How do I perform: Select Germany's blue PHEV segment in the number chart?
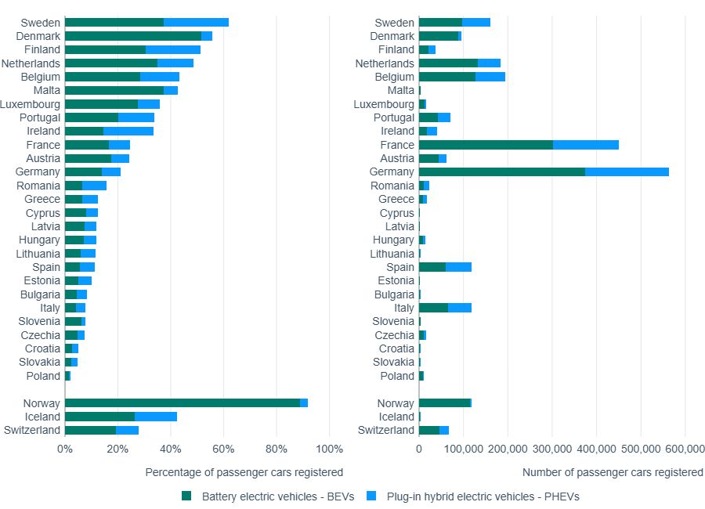coord(627,172)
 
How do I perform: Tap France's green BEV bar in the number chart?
coord(486,145)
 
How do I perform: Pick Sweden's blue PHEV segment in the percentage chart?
coord(196,23)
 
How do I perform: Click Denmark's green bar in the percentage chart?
coord(133,36)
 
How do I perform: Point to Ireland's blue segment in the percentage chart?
coord(128,132)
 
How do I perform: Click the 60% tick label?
coord(224,449)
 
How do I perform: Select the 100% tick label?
coord(330,449)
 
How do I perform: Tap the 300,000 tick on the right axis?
coord(551,449)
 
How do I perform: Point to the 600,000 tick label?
coord(685,449)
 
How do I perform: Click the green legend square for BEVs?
coord(186,496)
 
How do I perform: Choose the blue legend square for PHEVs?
coord(371,496)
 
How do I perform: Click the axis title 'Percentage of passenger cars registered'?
coord(244,472)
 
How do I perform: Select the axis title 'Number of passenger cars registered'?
coord(613,472)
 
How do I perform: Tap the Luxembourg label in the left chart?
coord(30,104)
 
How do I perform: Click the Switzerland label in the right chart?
coord(386,431)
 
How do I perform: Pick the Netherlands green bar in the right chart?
coord(448,63)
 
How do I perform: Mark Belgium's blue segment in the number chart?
coord(490,77)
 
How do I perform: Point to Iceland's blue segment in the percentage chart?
coord(156,417)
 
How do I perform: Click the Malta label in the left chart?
coord(46,91)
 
